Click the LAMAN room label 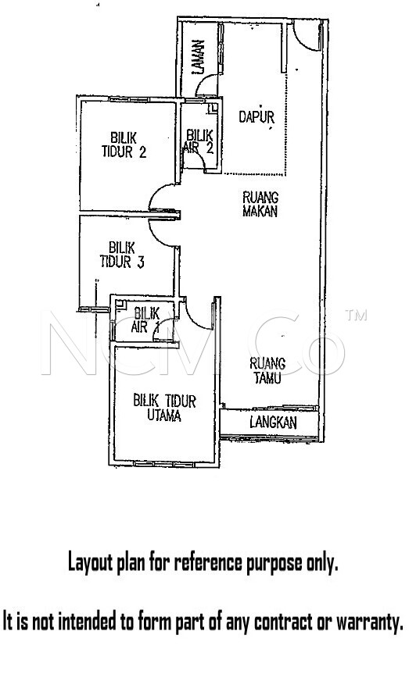point(198,56)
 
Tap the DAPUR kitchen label point(257,116)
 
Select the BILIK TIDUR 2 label point(124,145)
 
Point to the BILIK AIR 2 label point(199,141)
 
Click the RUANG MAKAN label point(260,204)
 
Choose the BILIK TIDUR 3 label point(122,255)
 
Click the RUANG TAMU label point(267,371)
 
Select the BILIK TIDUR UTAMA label point(164,408)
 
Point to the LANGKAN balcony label point(274,423)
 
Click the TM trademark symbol point(356,315)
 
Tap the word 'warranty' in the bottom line point(369,622)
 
